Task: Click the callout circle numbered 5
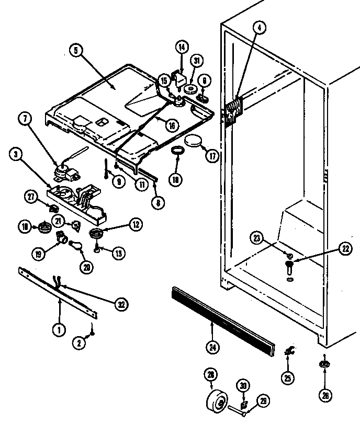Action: pyautogui.click(x=75, y=51)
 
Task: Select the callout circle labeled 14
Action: pyautogui.click(x=181, y=47)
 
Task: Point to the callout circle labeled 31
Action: pyautogui.click(x=197, y=62)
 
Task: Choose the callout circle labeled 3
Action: pyautogui.click(x=17, y=155)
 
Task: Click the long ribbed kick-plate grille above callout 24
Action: pyautogui.click(x=222, y=319)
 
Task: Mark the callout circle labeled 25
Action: pyautogui.click(x=288, y=376)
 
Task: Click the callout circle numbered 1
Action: pyautogui.click(x=59, y=330)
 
